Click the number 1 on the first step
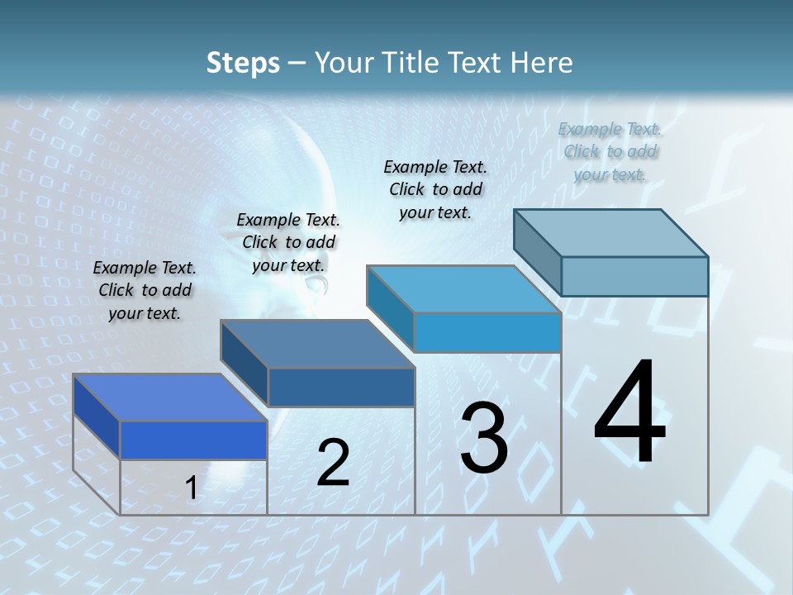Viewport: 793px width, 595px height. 192,488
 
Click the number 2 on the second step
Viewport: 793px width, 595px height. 333,463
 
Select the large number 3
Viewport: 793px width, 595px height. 484,438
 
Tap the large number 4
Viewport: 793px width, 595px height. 629,412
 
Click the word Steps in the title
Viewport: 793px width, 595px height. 243,63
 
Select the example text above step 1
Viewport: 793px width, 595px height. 145,290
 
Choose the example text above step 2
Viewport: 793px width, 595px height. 288,242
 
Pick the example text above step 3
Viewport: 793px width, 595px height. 435,189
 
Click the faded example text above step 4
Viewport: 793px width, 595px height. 610,151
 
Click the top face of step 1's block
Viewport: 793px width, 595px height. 169,397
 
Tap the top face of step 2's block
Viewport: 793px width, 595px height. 316,343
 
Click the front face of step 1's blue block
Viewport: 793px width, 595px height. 193,440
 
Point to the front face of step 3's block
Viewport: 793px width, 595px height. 487,333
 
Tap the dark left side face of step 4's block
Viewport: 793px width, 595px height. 537,252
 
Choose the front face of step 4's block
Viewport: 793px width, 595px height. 634,276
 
